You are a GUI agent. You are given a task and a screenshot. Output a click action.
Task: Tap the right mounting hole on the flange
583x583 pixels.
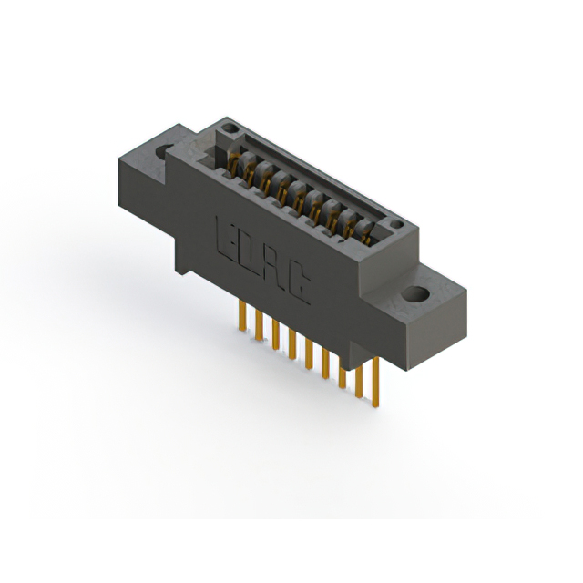[x=415, y=295]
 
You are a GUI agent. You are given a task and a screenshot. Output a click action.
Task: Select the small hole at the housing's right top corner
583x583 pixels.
[x=394, y=224]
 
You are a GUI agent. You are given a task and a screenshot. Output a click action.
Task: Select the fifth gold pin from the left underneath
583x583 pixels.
[x=309, y=350]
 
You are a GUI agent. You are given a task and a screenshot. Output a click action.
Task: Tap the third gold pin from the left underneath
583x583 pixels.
[x=275, y=332]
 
